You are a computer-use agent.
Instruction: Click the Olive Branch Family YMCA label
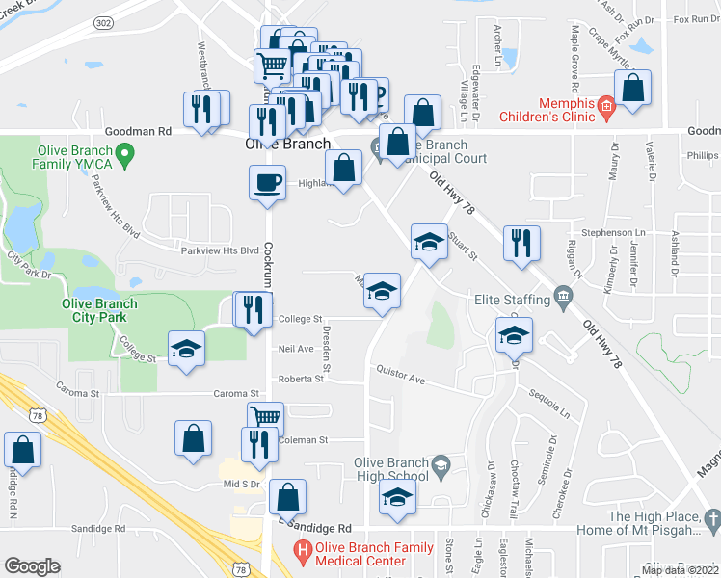pyautogui.click(x=72, y=157)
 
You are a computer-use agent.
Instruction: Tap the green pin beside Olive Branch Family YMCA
pyautogui.click(x=124, y=152)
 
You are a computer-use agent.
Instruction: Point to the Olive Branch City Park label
pyautogui.click(x=99, y=310)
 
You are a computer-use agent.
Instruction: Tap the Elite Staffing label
pyautogui.click(x=512, y=300)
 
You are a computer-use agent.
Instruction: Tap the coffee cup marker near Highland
pyautogui.click(x=267, y=180)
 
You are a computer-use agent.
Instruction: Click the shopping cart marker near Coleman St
pyautogui.click(x=265, y=417)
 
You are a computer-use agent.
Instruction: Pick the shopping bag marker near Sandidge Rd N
pyautogui.click(x=22, y=448)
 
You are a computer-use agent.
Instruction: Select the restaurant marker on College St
pyautogui.click(x=252, y=309)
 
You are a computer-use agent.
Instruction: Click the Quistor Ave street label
pyautogui.click(x=401, y=375)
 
